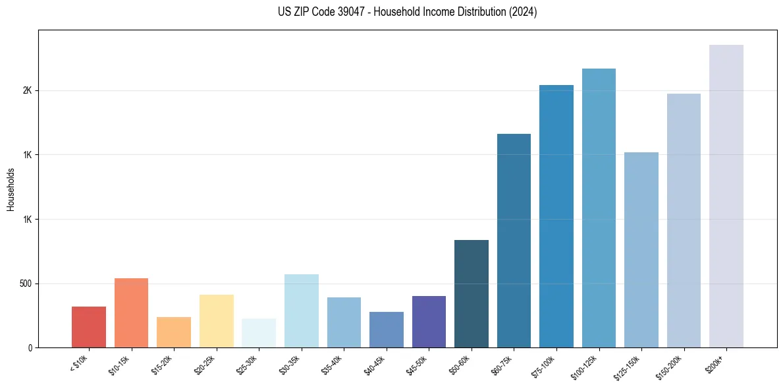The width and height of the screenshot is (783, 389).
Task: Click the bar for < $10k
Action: point(89,327)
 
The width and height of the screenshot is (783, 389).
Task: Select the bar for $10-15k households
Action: point(131,313)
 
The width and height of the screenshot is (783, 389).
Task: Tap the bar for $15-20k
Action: point(174,332)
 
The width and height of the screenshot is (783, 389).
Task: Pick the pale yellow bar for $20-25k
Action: point(216,321)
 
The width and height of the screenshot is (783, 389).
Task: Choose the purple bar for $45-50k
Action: point(429,322)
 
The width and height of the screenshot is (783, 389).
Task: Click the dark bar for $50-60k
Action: point(472,294)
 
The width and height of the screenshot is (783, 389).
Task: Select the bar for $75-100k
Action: point(556,216)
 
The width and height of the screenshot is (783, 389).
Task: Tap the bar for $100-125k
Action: point(599,208)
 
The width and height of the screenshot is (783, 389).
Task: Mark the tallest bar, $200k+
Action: point(726,196)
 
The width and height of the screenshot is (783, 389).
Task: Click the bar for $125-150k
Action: point(641,250)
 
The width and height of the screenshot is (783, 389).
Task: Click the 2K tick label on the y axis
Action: point(26,90)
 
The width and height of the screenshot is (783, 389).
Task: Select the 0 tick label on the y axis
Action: point(29,347)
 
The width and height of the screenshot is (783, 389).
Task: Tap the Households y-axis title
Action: point(11,189)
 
